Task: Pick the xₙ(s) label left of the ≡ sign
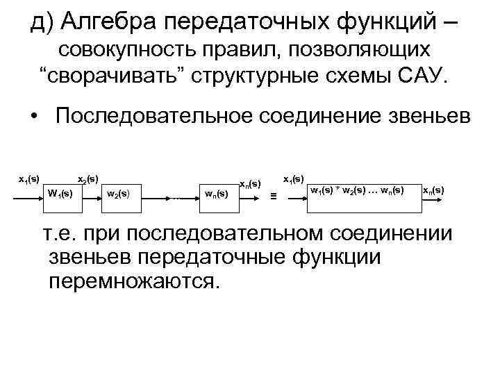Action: click(x=250, y=184)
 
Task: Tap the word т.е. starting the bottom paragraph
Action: click(x=63, y=234)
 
